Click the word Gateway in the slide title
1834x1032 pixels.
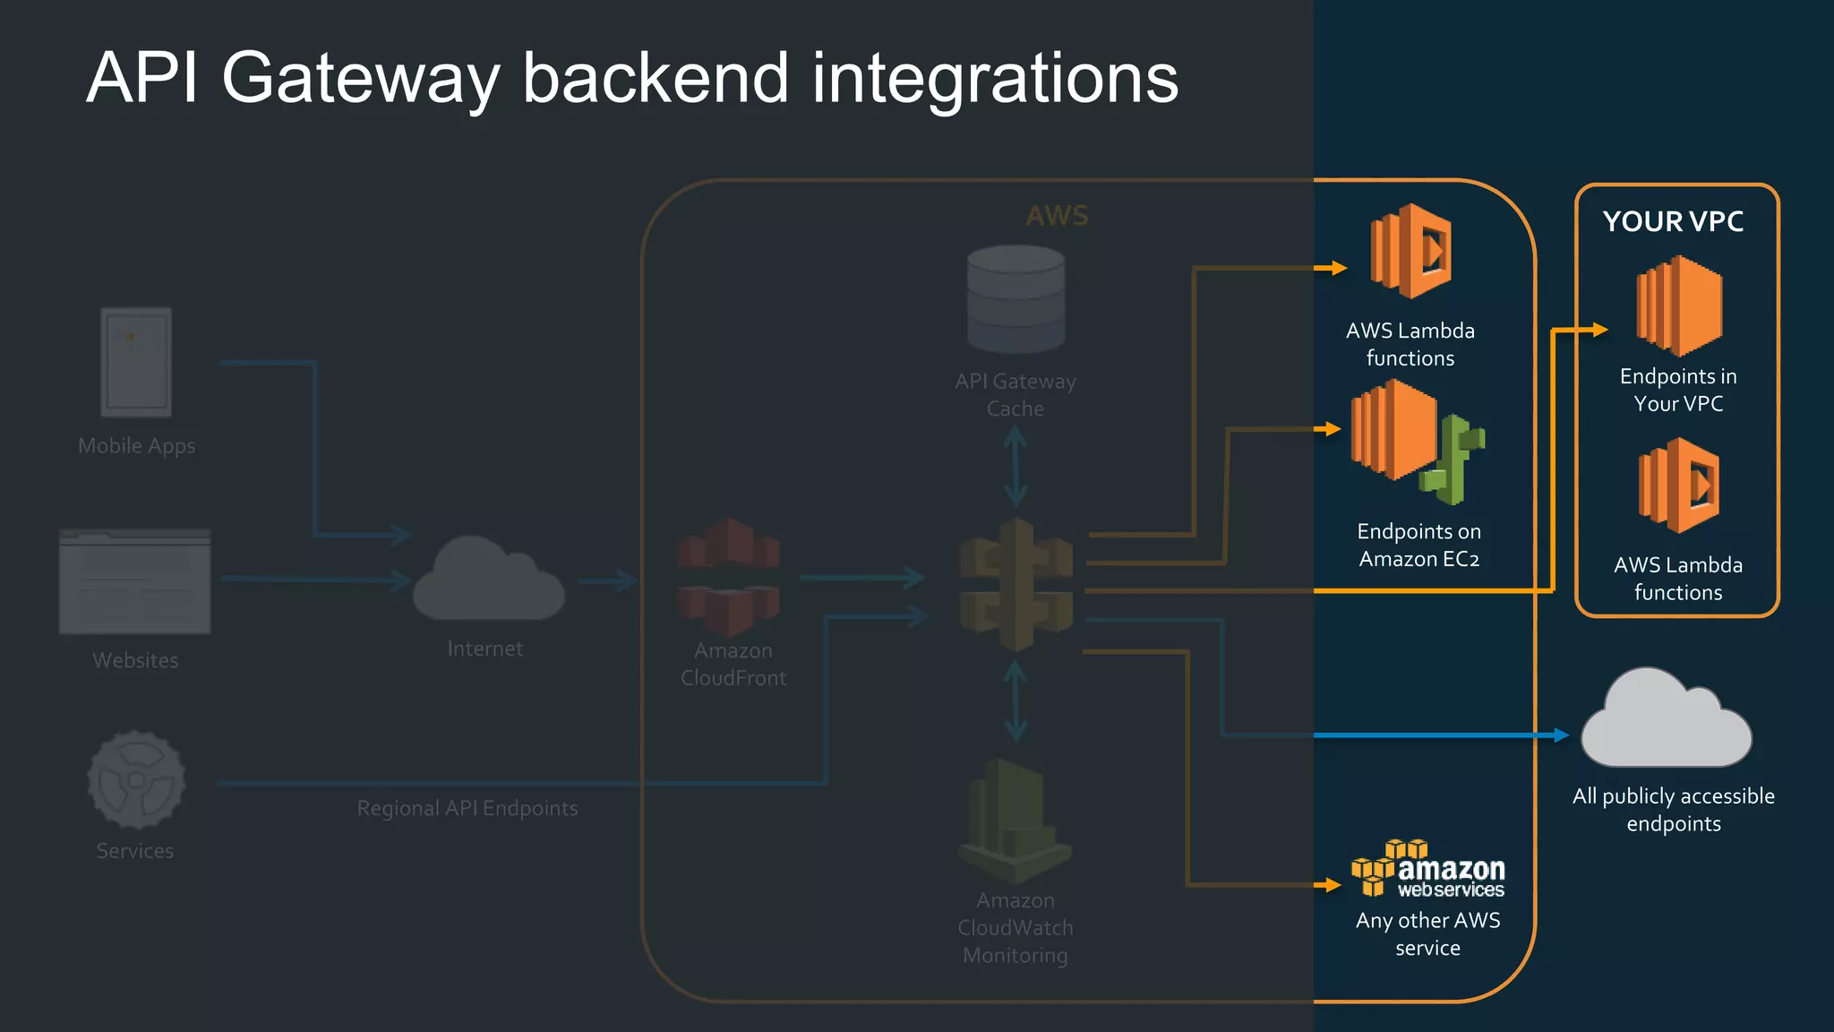coord(360,79)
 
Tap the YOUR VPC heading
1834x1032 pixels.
coord(1673,221)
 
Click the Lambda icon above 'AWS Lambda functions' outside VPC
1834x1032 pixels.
coord(1411,251)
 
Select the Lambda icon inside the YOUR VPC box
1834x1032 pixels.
coord(1679,485)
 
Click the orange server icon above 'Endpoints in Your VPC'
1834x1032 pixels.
coord(1678,305)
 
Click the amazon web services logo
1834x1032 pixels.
coord(1427,868)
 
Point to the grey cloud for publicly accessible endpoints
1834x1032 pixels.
coord(1665,721)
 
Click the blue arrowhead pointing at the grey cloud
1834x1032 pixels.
coord(1562,735)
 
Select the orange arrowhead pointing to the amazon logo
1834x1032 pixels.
coord(1333,885)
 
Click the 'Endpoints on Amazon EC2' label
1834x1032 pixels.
coord(1418,545)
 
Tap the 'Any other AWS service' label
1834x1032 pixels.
coord(1427,933)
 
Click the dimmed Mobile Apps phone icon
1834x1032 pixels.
coord(136,362)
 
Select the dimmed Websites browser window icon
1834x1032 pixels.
coord(135,581)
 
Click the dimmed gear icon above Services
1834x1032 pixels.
coord(136,778)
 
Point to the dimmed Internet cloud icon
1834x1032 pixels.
coord(488,580)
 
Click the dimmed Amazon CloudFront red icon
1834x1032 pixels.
coord(728,576)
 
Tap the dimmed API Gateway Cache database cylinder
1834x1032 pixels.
coord(1016,299)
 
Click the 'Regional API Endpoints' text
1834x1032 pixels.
coord(467,808)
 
